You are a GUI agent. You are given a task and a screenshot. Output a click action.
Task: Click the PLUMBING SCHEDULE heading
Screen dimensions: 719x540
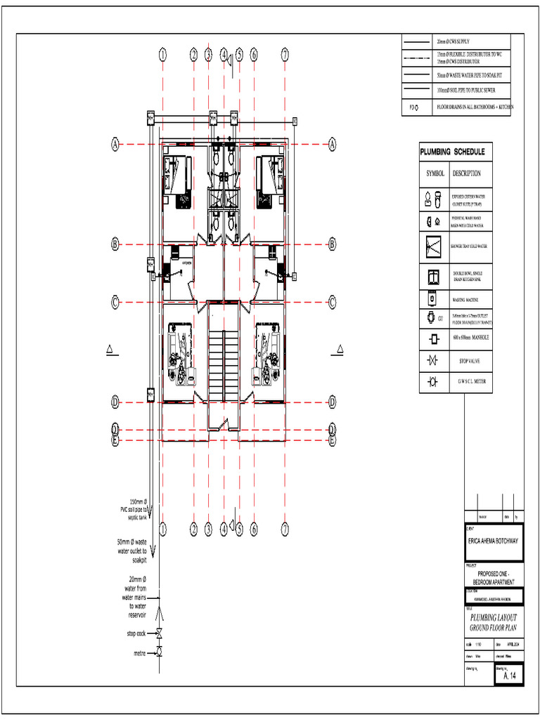pyautogui.click(x=452, y=152)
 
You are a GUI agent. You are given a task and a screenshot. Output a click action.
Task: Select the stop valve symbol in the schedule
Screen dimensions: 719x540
pyautogui.click(x=432, y=361)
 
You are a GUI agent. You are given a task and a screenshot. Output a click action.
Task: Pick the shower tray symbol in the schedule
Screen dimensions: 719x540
pyautogui.click(x=432, y=246)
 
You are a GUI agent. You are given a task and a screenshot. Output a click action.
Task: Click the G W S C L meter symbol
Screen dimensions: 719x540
pyautogui.click(x=432, y=382)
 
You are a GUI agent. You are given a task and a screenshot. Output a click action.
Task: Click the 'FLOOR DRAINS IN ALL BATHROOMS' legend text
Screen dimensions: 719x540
pyautogui.click(x=475, y=107)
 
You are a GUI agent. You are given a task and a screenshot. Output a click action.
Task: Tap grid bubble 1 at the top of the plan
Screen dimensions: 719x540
pyautogui.click(x=162, y=54)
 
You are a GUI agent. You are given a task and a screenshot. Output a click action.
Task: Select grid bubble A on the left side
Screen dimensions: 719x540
pyautogui.click(x=115, y=144)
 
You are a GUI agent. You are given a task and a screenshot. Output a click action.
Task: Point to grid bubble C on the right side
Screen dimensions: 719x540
pyautogui.click(x=332, y=303)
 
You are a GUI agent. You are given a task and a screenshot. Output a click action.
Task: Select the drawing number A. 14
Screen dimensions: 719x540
pyautogui.click(x=510, y=675)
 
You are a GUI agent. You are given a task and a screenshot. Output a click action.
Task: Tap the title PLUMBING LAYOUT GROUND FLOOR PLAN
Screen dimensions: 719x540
pyautogui.click(x=494, y=621)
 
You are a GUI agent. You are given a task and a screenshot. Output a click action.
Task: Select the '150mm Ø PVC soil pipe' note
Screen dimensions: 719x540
pyautogui.click(x=134, y=509)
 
